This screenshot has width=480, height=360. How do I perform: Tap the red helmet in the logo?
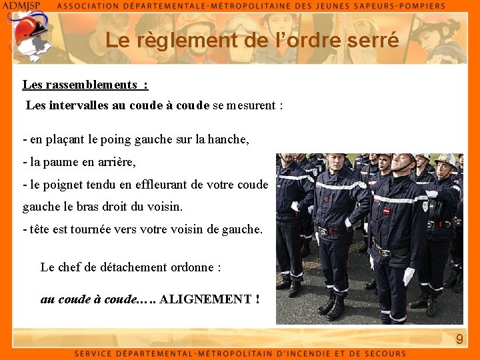pyautogui.click(x=27, y=30)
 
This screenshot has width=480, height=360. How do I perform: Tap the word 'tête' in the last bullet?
pyautogui.click(x=41, y=229)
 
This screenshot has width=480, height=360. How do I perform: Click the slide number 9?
pyautogui.click(x=459, y=340)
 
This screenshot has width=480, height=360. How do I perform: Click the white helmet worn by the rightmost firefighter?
pyautogui.click(x=445, y=160)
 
